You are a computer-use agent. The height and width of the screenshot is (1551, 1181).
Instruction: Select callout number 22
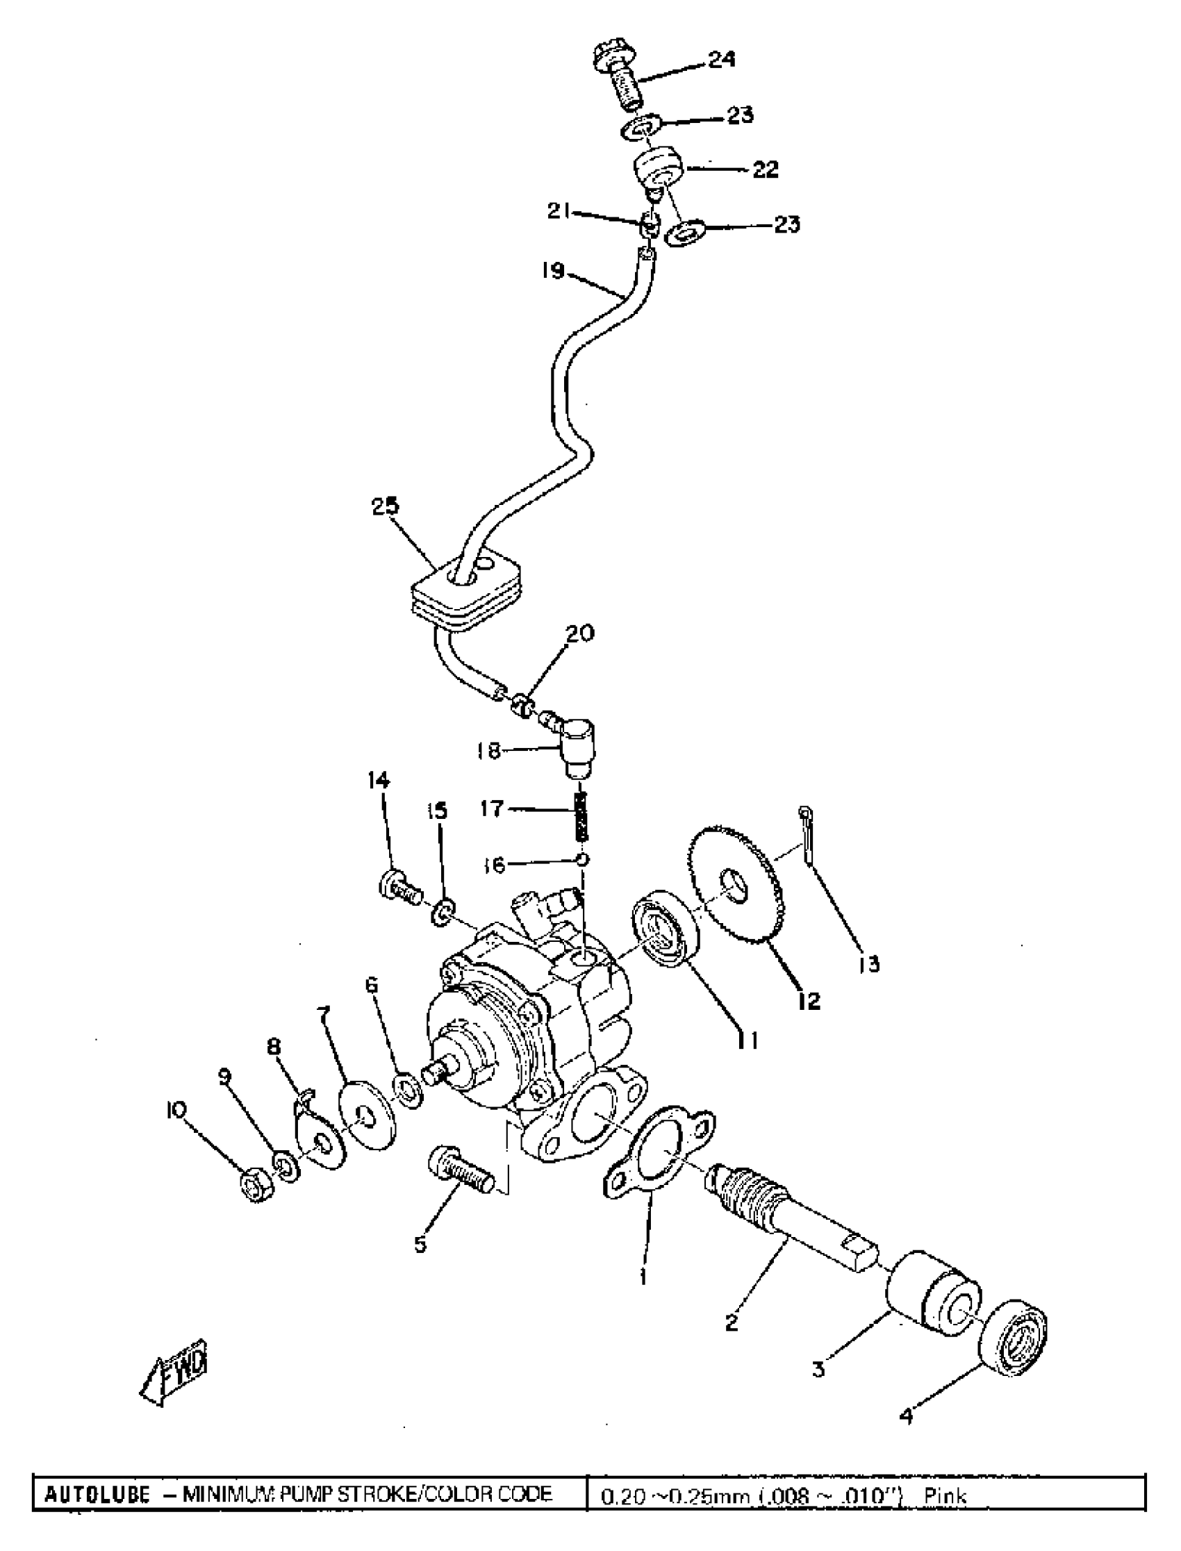766,169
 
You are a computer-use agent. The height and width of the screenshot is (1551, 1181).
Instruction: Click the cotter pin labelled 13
807,836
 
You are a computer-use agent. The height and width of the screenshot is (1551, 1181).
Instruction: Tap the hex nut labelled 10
256,1186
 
